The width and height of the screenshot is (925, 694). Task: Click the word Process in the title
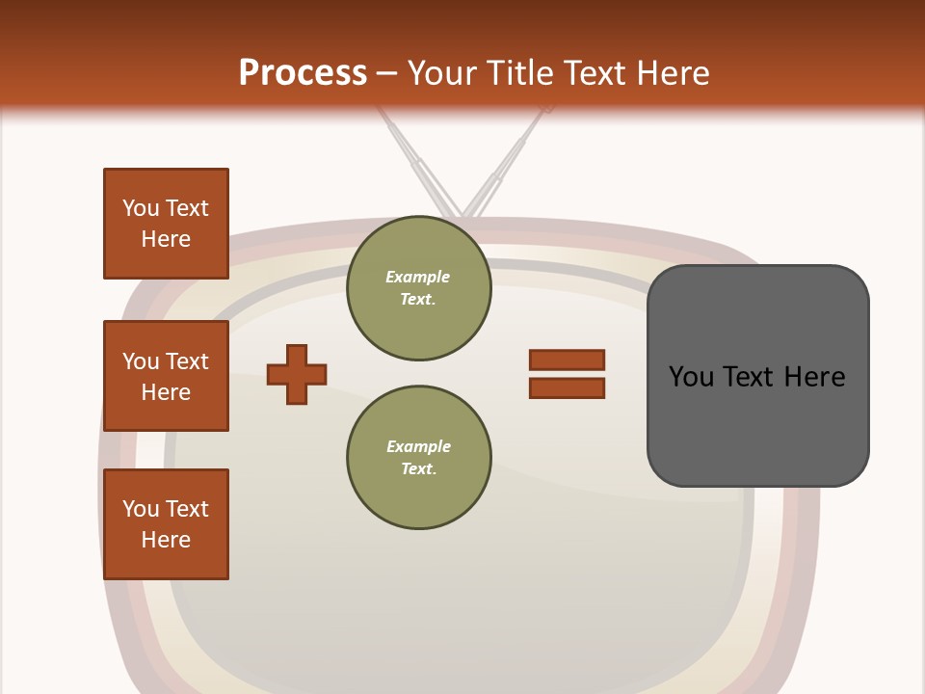(x=303, y=72)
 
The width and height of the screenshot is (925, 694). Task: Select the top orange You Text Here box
(x=166, y=224)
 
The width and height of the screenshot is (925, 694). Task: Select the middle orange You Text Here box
(x=166, y=376)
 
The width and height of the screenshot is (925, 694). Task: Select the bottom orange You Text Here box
(x=166, y=524)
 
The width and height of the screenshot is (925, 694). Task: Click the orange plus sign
(x=297, y=374)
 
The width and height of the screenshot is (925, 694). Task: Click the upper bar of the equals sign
(x=567, y=360)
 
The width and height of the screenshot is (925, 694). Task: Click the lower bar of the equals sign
(x=567, y=387)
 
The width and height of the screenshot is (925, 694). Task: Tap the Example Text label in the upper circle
(x=418, y=287)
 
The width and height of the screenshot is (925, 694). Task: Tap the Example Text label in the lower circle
(x=418, y=457)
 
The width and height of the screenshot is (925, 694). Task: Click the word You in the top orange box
(x=140, y=208)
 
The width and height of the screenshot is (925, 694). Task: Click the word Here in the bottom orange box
(x=166, y=540)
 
